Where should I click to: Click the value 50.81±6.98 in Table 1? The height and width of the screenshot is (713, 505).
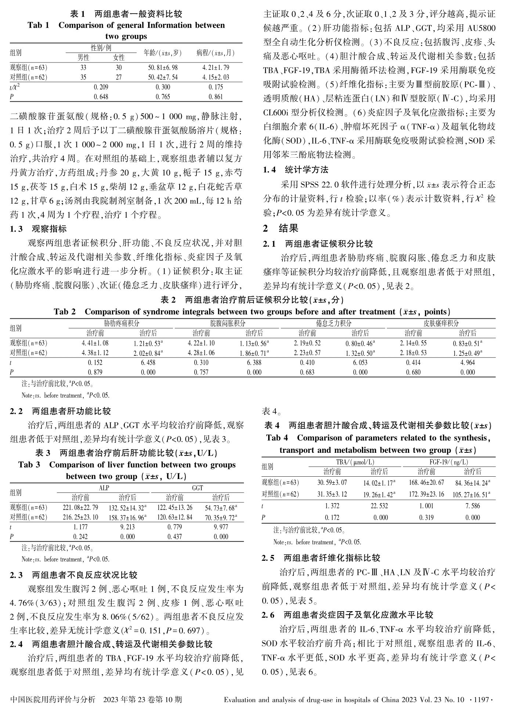tap(163, 68)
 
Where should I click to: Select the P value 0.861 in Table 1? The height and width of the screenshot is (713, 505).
tap(215, 97)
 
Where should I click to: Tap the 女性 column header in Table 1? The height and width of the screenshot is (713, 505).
tap(119, 58)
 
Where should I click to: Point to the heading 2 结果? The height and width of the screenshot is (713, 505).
tap(281, 229)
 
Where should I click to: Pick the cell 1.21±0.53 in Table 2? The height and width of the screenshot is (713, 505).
tap(147, 343)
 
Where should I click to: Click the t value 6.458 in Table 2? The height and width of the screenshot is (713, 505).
tap(148, 363)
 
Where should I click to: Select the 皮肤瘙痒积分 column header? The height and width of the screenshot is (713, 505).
tap(441, 323)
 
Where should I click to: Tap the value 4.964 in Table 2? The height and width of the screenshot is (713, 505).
tap(467, 363)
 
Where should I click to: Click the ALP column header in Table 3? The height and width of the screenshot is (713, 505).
tap(104, 488)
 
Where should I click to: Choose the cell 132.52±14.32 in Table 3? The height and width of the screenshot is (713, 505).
tap(127, 508)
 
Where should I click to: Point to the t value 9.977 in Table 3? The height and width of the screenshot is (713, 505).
tap(221, 527)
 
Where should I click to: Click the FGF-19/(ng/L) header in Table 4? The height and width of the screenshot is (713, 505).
tap(449, 462)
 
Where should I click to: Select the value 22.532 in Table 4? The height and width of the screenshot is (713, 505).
tap(379, 506)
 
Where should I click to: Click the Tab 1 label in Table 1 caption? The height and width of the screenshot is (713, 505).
tap(38, 25)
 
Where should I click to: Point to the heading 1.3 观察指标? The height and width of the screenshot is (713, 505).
tap(38, 229)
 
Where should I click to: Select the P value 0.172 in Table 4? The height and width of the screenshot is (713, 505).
tap(332, 518)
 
